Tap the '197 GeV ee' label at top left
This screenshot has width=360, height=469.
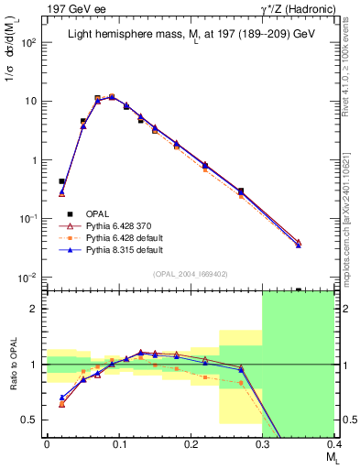click(38, 9)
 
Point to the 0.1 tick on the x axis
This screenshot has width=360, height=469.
click(118, 444)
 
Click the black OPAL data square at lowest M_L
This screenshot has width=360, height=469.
click(61, 181)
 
